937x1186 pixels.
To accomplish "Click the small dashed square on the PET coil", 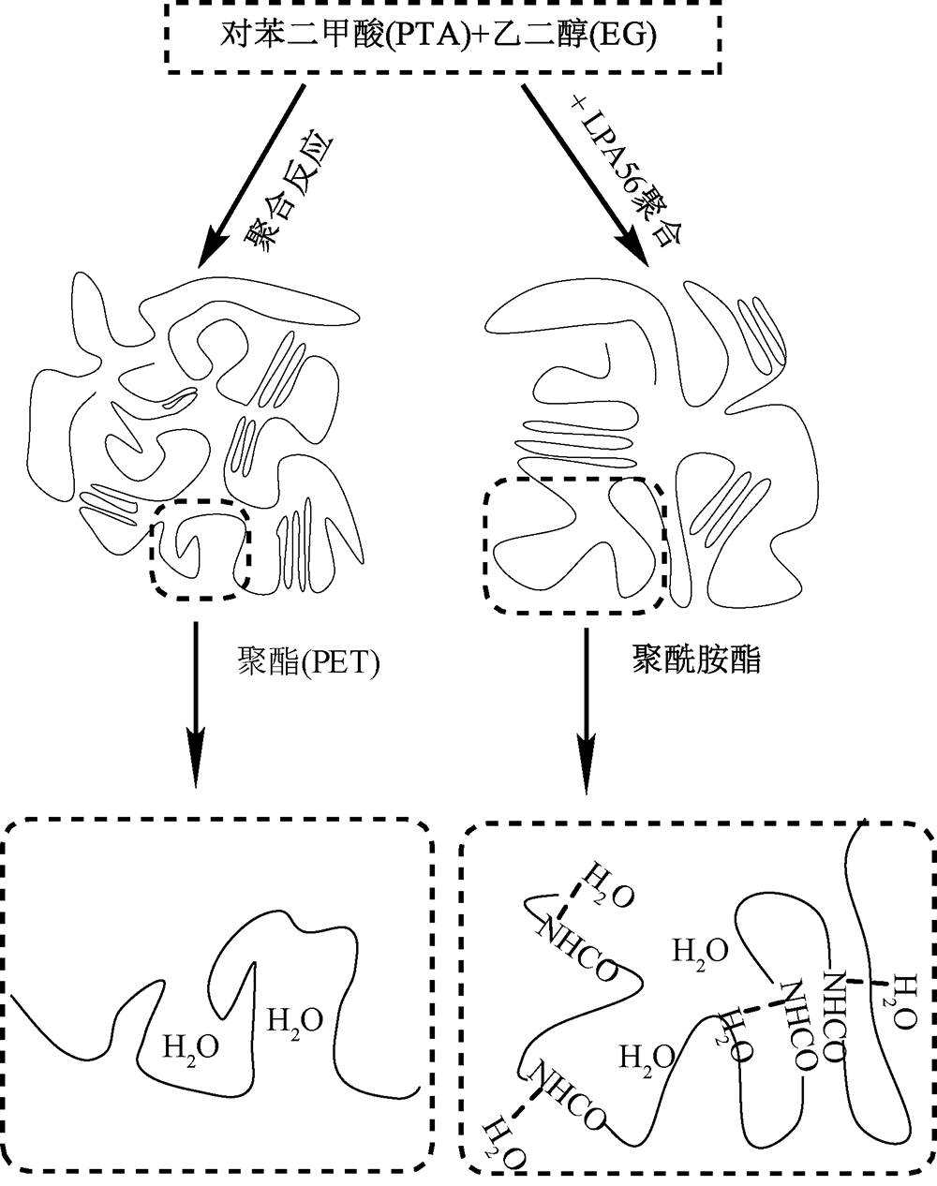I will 199,548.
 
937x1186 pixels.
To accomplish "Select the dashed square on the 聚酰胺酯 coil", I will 573,545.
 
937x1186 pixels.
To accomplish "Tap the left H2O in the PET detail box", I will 191,1046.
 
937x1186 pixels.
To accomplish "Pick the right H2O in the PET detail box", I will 295,1020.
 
